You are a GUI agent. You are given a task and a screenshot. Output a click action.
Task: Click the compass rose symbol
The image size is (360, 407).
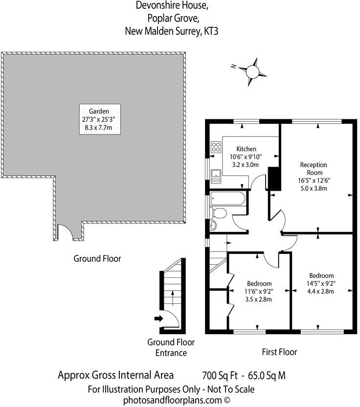point(252,71)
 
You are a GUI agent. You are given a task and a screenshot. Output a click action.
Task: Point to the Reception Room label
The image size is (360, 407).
point(313,169)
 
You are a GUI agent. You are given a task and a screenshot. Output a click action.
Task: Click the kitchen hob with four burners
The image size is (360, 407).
point(215,146)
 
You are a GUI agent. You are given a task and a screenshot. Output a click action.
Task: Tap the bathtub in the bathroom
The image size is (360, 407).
point(228,200)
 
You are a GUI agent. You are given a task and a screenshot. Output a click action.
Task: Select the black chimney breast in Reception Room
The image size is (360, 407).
point(274,178)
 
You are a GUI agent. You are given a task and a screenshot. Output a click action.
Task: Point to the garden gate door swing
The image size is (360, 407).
point(66,231)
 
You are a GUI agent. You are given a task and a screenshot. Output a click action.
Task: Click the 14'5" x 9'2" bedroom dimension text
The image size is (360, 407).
point(321,283)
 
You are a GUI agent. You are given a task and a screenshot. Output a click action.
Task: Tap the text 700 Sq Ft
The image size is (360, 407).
point(220,376)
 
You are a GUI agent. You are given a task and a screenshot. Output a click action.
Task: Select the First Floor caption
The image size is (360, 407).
point(280,352)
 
